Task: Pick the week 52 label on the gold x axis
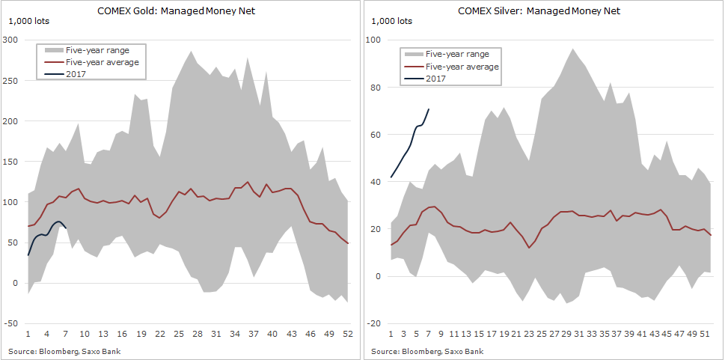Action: tap(347, 333)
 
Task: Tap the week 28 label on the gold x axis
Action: tap(197, 333)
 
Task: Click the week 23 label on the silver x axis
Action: tap(527, 333)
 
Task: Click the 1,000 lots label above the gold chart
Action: tap(28, 21)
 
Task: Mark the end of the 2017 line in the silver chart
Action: tap(429, 109)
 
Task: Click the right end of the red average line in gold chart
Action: tap(347, 243)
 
